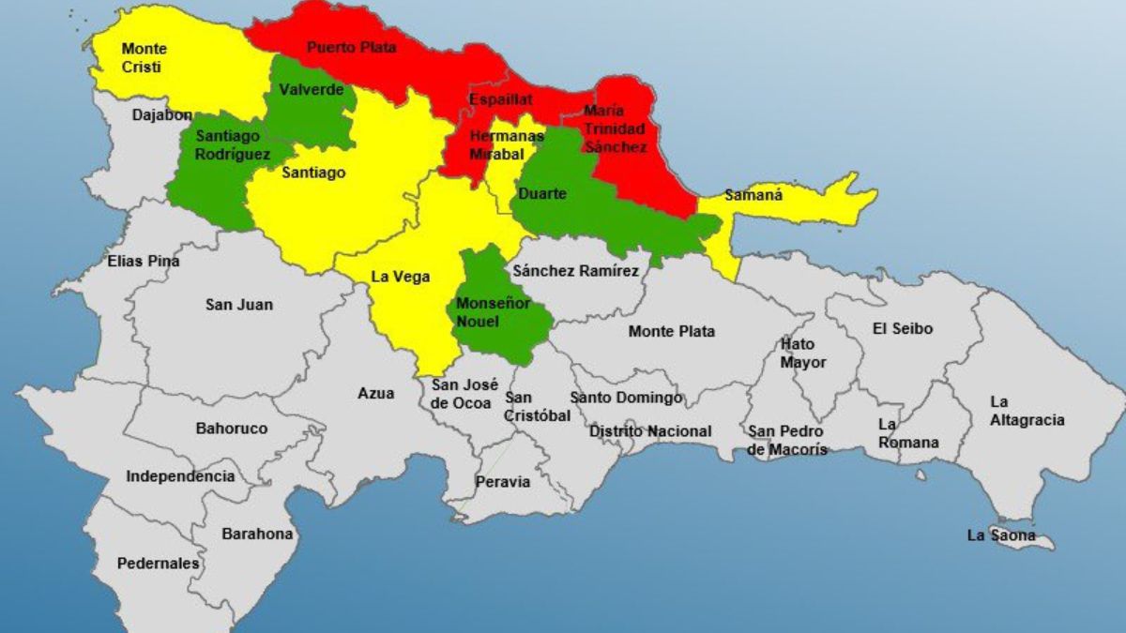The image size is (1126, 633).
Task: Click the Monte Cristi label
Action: click(x=144, y=57)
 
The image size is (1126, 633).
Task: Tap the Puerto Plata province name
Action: click(x=352, y=46)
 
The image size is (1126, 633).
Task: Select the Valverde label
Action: click(x=311, y=90)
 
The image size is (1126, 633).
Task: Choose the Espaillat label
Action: click(x=501, y=98)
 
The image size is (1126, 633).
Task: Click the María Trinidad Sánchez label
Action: click(x=615, y=128)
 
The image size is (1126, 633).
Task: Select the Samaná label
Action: click(x=753, y=197)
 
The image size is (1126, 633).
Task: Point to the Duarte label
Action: click(x=542, y=193)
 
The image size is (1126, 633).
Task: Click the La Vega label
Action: click(x=401, y=277)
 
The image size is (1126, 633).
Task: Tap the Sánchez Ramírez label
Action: click(x=575, y=271)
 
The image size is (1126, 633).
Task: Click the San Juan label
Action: click(x=239, y=305)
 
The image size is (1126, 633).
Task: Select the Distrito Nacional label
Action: click(x=650, y=431)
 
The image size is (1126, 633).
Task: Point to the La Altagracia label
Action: click(x=1027, y=411)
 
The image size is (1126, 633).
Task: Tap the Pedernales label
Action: click(x=158, y=564)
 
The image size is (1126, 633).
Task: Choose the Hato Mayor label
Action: click(x=803, y=354)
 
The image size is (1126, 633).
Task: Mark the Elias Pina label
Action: click(x=144, y=261)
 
